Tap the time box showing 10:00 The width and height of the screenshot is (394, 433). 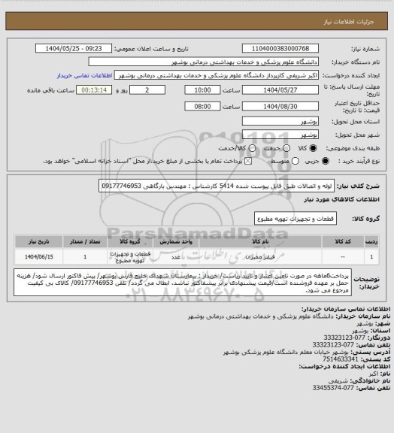[x=204, y=89]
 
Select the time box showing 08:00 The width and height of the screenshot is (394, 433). [x=204, y=106]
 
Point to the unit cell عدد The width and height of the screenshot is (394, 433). [x=175, y=257]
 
